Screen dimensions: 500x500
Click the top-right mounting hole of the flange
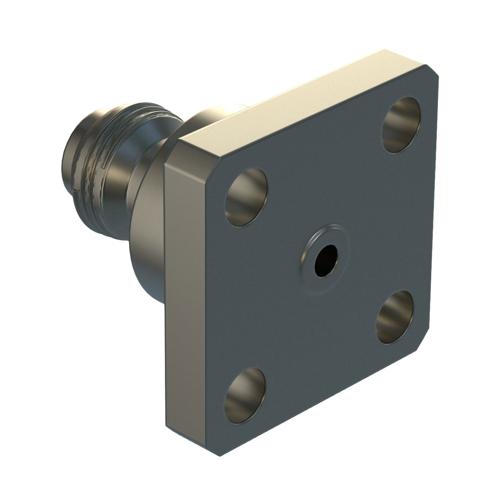tap(400, 124)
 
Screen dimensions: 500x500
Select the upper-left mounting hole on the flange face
tap(246, 196)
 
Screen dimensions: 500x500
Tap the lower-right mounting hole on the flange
tap(395, 316)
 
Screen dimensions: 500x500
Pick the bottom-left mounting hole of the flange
tap(245, 394)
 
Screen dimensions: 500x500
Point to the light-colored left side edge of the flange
tap(185, 300)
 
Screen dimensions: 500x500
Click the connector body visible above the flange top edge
tap(215, 115)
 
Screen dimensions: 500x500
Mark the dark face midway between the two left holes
tap(240, 295)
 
